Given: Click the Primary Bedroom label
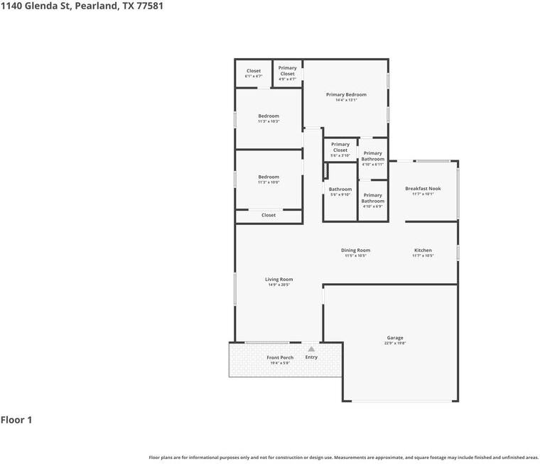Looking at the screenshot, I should click(x=346, y=94).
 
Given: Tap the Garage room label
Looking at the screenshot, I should click(x=395, y=338).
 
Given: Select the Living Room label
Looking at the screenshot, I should click(x=279, y=280).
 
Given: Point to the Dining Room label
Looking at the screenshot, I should click(x=355, y=250).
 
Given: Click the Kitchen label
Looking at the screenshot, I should click(x=423, y=250).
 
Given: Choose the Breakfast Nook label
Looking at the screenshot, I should click(x=423, y=189).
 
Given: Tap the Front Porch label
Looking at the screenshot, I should click(x=280, y=358).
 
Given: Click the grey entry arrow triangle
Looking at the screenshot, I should click(x=311, y=348).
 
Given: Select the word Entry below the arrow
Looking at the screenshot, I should click(x=311, y=357).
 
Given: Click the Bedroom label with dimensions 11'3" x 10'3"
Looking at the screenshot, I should click(x=269, y=116).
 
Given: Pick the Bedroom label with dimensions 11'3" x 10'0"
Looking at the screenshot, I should click(x=269, y=177).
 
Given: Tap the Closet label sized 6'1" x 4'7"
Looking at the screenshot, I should click(x=254, y=71).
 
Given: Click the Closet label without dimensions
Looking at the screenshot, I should click(x=269, y=215).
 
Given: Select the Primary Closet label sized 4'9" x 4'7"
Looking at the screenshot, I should click(x=287, y=71).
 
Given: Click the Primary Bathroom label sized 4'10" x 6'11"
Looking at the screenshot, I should click(x=372, y=156).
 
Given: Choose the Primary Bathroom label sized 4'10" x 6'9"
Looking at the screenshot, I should click(x=372, y=198).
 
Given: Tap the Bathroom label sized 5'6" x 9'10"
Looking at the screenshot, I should click(x=340, y=189).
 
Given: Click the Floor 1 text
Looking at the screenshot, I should click(x=16, y=420).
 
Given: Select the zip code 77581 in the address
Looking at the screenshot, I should click(x=154, y=6).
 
